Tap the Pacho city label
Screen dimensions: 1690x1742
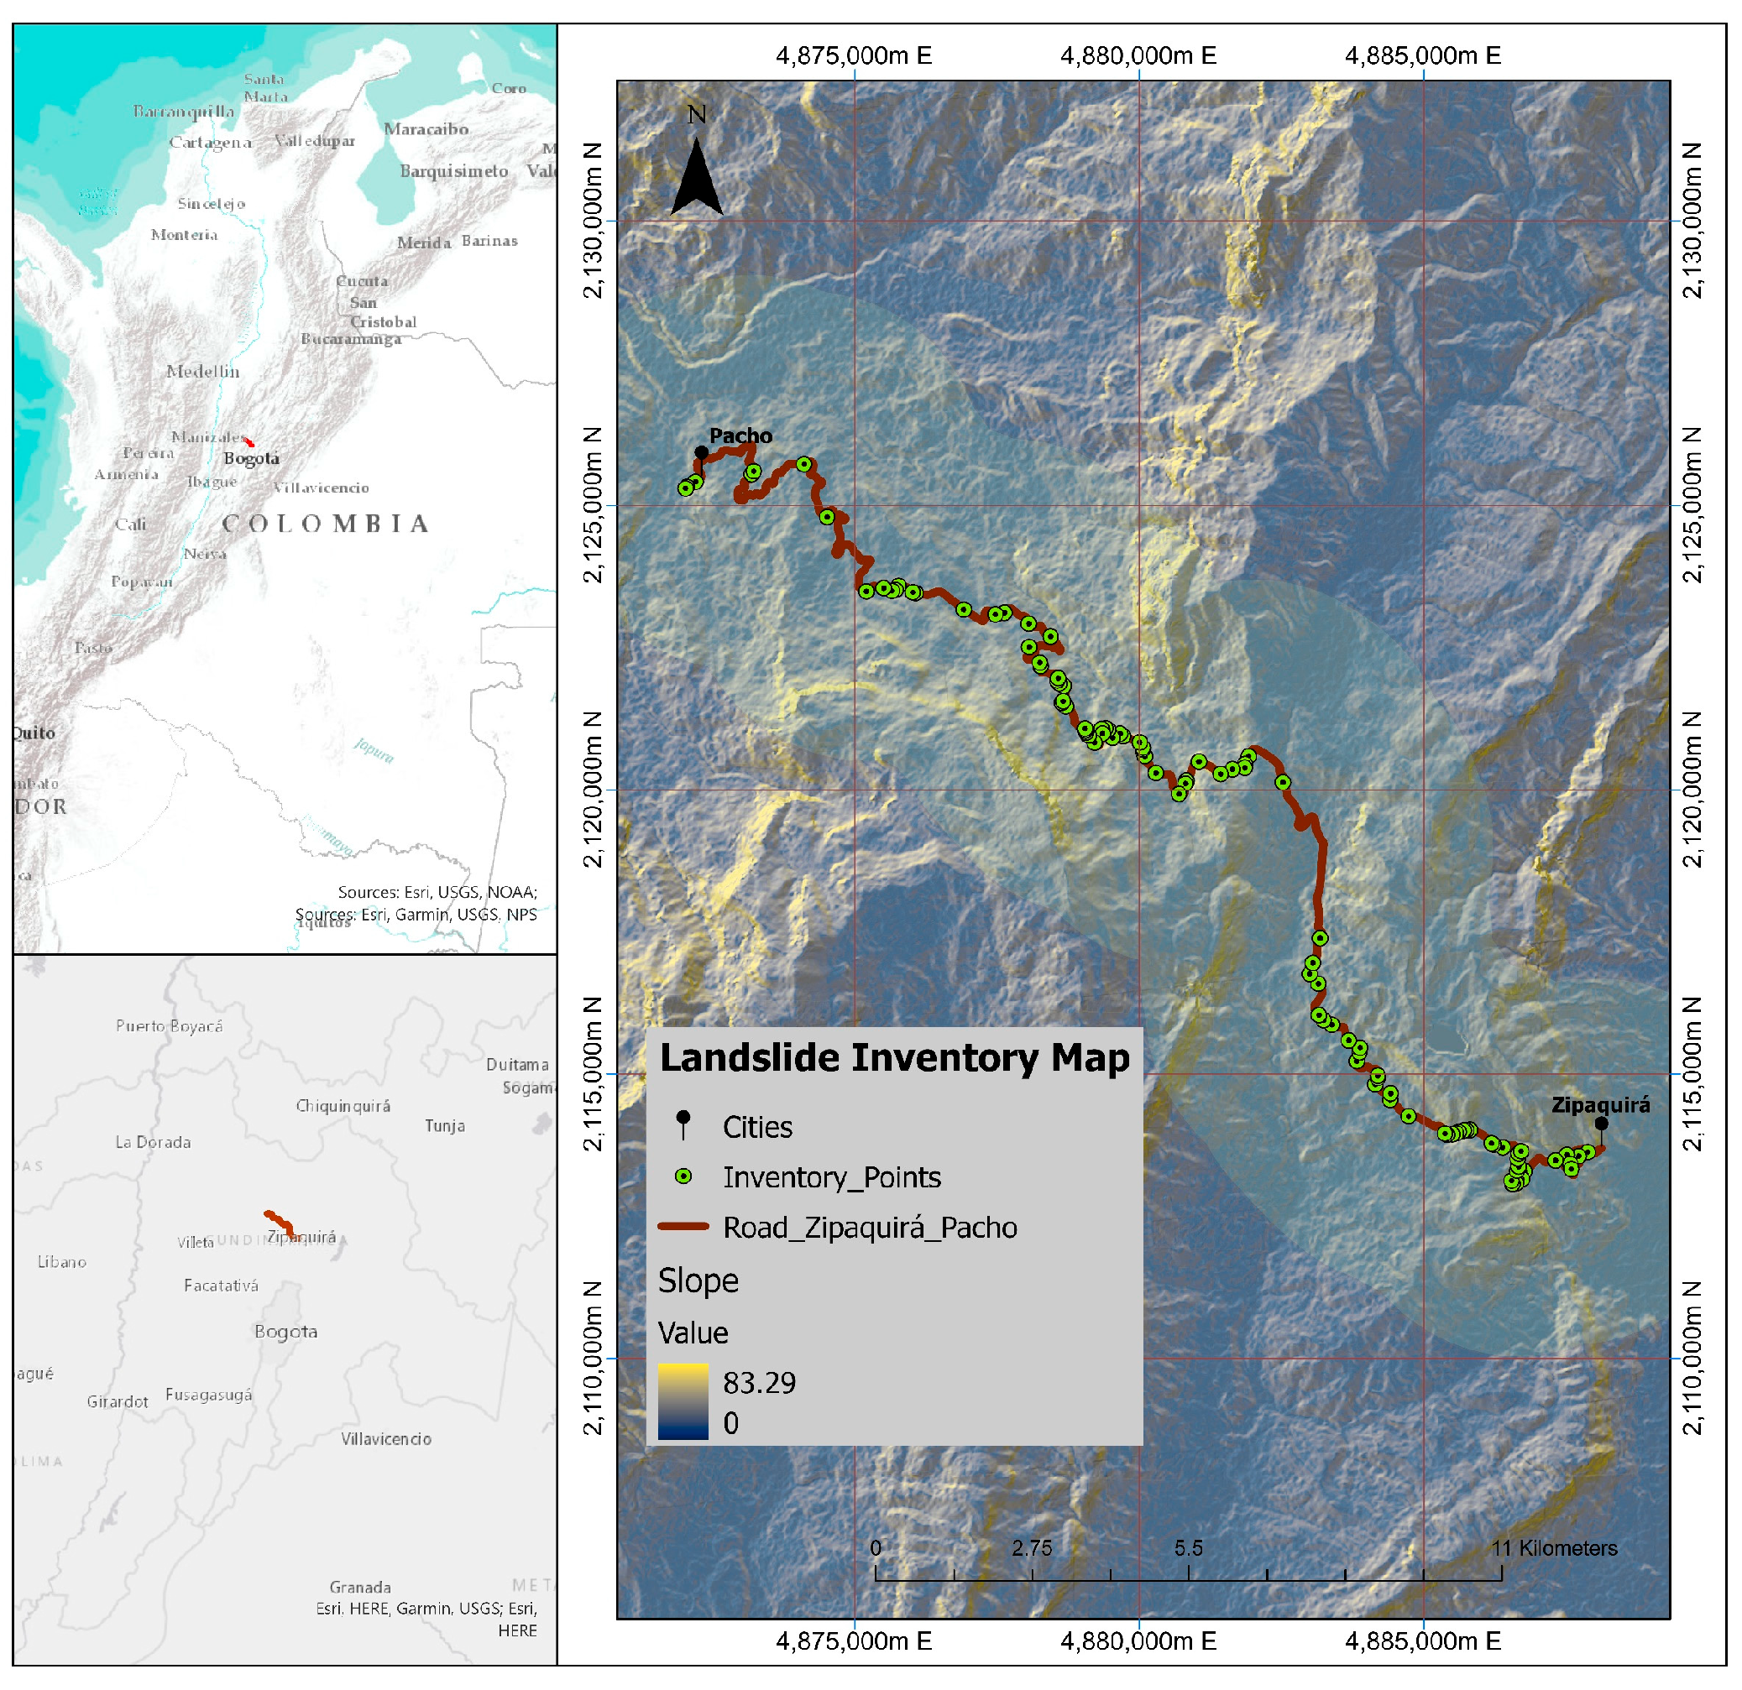[x=740, y=436]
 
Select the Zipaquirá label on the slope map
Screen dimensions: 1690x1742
[x=1600, y=1104]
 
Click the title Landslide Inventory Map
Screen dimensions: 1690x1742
[x=894, y=1057]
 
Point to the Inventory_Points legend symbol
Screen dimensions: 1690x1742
[x=683, y=1176]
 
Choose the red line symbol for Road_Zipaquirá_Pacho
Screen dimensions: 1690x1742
[x=683, y=1227]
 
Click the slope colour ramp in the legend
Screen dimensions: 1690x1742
[x=683, y=1401]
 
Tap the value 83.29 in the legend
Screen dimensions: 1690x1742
[x=759, y=1383]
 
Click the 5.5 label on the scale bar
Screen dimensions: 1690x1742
[x=1188, y=1549]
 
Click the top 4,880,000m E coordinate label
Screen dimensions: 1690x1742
[x=1138, y=56]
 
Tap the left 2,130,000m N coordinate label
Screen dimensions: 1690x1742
[x=593, y=221]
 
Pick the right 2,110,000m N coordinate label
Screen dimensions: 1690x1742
[x=1694, y=1358]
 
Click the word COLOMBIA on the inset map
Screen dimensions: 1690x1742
[x=325, y=524]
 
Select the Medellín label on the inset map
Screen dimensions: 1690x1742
[x=202, y=372]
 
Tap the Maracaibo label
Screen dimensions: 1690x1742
[x=426, y=129]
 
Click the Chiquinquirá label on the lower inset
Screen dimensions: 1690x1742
[x=343, y=1105]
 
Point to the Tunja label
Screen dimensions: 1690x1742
[x=444, y=1126]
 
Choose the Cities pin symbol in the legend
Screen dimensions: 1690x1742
[x=683, y=1124]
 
